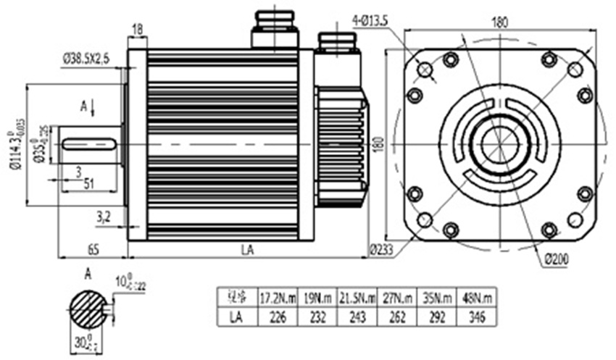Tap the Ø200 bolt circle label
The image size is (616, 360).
tap(554, 259)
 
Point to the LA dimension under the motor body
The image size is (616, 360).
tap(247, 249)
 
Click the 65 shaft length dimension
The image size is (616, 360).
tap(93, 249)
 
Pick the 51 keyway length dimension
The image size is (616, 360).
tap(89, 184)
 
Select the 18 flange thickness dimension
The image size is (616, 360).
tap(137, 29)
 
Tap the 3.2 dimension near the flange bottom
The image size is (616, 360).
tap(104, 215)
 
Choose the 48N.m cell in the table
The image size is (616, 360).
tap(478, 297)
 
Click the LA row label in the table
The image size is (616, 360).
tap(235, 317)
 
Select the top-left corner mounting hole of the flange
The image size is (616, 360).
tap(425, 70)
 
